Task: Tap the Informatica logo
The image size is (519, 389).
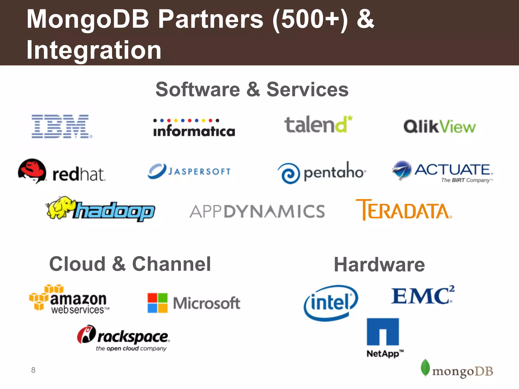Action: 194,128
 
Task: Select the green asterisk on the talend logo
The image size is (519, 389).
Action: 350,118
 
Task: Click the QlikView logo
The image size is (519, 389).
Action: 439,126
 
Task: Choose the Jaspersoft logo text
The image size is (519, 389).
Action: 199,172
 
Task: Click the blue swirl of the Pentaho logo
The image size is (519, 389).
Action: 289,173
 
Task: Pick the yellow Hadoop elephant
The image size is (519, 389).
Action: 60,207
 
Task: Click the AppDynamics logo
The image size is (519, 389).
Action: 257,211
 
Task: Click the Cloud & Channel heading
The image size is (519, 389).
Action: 130,264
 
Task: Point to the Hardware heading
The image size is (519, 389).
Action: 379,265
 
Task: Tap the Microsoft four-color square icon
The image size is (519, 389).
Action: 158,303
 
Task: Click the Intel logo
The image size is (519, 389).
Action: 331,303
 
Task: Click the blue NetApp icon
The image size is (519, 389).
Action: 383,332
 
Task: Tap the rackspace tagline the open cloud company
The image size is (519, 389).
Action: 131,349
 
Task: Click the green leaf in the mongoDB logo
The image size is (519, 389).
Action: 425,368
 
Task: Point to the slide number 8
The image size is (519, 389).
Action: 33,370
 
